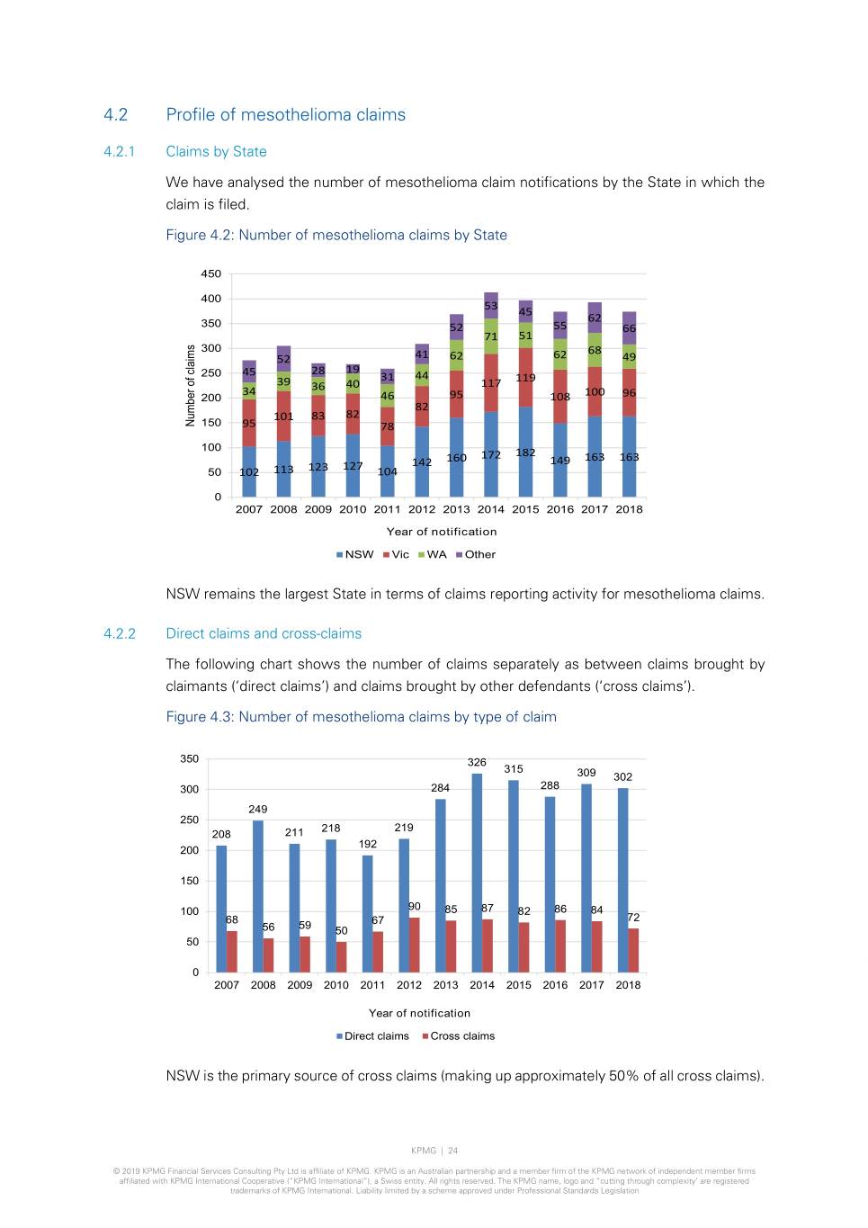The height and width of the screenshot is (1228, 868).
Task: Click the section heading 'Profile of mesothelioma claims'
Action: (285, 115)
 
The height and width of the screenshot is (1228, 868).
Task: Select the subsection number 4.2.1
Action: (119, 152)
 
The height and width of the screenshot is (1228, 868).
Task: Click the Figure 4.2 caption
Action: (336, 236)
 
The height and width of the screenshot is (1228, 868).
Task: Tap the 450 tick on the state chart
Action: (210, 274)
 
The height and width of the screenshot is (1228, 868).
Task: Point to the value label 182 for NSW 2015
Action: (525, 453)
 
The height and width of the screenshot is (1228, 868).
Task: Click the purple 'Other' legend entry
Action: (476, 555)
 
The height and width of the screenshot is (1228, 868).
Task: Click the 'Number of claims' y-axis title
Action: (191, 386)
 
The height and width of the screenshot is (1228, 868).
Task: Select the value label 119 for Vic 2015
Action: (525, 378)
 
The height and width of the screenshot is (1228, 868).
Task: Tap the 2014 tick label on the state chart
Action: (490, 509)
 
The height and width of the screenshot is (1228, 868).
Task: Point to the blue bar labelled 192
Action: (367, 912)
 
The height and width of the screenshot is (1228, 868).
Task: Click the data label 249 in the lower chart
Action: (258, 810)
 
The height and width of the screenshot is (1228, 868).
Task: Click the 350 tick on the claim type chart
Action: (189, 759)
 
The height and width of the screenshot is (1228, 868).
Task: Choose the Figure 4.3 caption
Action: (361, 717)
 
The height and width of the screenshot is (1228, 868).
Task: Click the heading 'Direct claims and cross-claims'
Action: (264, 634)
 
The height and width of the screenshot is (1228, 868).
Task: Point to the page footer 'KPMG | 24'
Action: (434, 1151)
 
